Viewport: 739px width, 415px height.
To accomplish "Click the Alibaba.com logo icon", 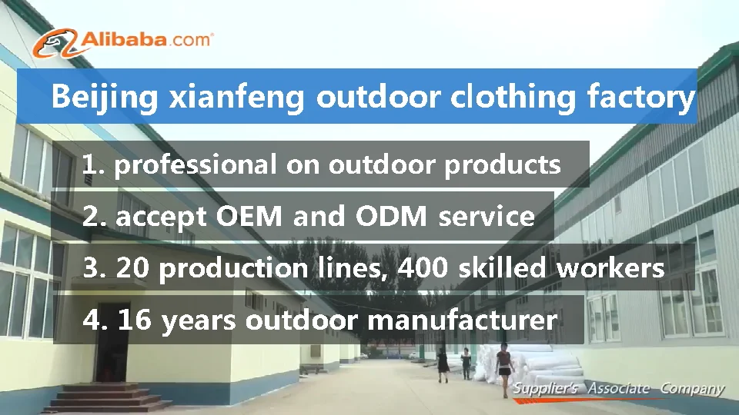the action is pyautogui.click(x=55, y=43).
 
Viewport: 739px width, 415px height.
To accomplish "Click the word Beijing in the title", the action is pyautogui.click(x=104, y=98).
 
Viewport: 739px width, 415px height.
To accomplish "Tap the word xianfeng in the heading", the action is pyautogui.click(x=236, y=97).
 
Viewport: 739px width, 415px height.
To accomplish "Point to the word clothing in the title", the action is pyautogui.click(x=513, y=98).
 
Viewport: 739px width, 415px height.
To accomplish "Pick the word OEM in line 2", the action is pyautogui.click(x=249, y=216).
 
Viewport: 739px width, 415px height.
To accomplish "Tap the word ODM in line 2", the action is pyautogui.click(x=391, y=216).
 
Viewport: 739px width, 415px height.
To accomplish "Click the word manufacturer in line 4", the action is pyautogui.click(x=463, y=320).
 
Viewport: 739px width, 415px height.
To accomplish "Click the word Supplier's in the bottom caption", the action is pyautogui.click(x=545, y=389).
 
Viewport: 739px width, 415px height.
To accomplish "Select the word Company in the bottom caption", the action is pyautogui.click(x=692, y=390).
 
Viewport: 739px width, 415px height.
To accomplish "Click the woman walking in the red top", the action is pyautogui.click(x=504, y=368).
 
